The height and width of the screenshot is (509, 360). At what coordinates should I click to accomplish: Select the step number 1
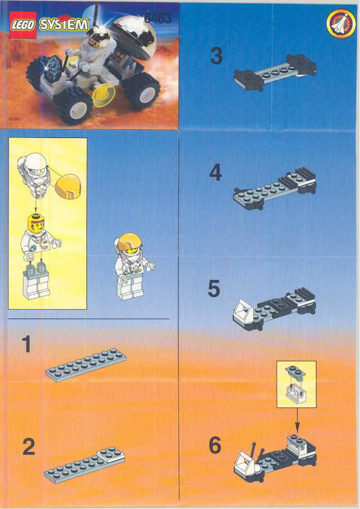26,344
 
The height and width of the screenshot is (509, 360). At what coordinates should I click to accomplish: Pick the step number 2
28,447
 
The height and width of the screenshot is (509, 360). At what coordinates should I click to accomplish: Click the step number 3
216,57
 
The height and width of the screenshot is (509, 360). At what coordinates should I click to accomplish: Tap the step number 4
215,173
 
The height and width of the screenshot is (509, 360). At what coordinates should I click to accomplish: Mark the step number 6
215,446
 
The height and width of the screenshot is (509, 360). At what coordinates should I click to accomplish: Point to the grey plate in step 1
86,366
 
